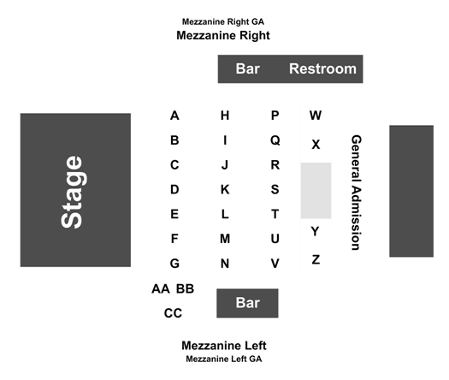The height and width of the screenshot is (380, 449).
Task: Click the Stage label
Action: click(71, 192)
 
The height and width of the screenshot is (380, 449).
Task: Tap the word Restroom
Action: click(322, 68)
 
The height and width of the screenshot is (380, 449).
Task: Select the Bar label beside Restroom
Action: click(248, 68)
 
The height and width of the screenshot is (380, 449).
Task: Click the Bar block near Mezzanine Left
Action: click(247, 303)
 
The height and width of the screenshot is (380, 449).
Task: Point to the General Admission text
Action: click(357, 193)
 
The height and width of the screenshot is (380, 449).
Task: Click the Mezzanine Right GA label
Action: click(223, 21)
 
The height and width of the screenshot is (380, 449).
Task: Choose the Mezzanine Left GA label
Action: click(224, 359)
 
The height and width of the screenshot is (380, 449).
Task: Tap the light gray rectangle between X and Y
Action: click(316, 191)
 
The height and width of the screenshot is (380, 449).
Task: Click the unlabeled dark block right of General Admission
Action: click(411, 191)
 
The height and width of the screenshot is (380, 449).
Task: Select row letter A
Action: click(174, 116)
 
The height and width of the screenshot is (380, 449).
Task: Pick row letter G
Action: click(174, 264)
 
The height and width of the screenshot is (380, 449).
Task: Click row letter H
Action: click(225, 116)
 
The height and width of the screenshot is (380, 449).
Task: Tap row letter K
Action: click(225, 189)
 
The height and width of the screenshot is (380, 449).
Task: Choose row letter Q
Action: click(275, 140)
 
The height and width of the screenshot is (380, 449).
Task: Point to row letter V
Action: click(275, 264)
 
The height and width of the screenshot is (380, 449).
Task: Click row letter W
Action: click(316, 116)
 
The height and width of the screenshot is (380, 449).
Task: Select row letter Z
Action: click(316, 259)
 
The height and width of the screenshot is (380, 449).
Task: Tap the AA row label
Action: click(161, 289)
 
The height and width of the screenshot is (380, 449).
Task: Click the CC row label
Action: click(173, 313)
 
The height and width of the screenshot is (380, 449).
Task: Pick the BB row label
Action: click(185, 289)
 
